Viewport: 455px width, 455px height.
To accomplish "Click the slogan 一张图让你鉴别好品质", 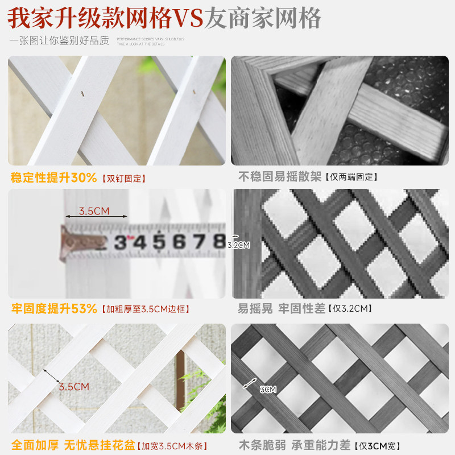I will [59, 41].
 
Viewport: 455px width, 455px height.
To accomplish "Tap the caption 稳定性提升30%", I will [54, 177].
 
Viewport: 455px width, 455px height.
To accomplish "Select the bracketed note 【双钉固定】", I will [123, 179].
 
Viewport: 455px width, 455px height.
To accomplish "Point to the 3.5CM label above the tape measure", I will [94, 211].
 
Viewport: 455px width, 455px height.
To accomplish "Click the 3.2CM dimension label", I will [239, 246].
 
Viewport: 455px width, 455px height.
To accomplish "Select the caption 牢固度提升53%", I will [55, 309].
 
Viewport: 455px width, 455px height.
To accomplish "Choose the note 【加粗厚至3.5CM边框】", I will [145, 310].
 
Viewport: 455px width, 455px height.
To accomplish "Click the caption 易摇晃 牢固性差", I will [282, 309].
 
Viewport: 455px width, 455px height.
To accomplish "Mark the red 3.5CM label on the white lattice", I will [74, 387].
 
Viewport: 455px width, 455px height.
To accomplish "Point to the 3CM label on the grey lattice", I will [268, 390].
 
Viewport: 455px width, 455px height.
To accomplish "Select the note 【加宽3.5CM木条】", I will [174, 446].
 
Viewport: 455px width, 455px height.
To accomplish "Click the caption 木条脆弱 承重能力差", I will [294, 445].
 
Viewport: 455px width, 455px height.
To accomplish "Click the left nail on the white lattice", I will [84, 94].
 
